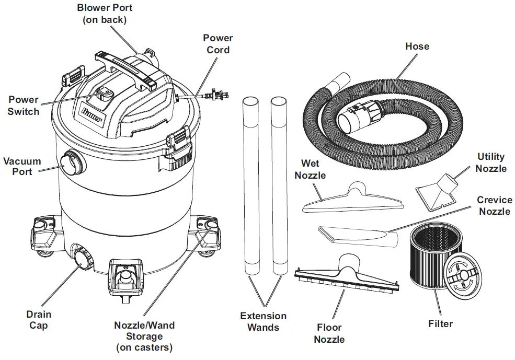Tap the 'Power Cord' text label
coord(218,44)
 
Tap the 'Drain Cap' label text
coord(39,320)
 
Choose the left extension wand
coord(252,183)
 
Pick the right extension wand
coord(279,183)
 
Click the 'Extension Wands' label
coord(263,321)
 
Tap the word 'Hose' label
coord(417,47)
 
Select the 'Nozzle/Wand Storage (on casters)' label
coord(144,335)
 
